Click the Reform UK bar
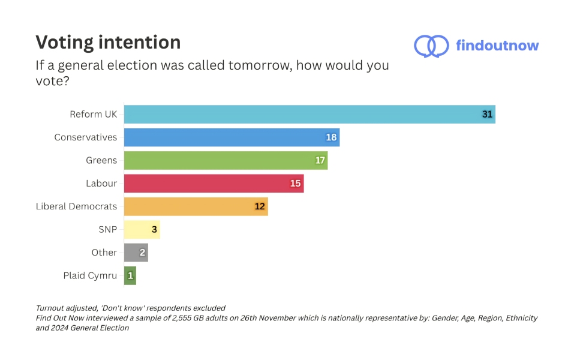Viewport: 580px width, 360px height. (x=309, y=115)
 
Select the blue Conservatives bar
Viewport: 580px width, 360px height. (x=232, y=137)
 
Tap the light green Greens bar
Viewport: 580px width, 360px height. (x=226, y=160)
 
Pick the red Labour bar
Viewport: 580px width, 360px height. (x=214, y=184)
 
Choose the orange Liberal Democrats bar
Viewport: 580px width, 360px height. (x=196, y=206)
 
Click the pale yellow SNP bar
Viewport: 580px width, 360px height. (x=142, y=229)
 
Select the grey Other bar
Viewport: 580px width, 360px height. (x=136, y=253)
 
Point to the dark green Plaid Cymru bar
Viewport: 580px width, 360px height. (x=130, y=275)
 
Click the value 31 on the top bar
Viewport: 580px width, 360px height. (x=487, y=115)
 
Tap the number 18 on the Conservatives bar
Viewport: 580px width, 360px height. (x=331, y=137)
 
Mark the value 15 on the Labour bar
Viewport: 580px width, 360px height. (x=295, y=184)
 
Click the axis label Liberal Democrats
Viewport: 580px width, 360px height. (x=76, y=206)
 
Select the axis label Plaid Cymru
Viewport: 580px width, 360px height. (x=90, y=275)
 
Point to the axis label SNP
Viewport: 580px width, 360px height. (x=107, y=229)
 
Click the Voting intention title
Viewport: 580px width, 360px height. (x=108, y=43)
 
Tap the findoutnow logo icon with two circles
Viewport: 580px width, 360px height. (x=431, y=46)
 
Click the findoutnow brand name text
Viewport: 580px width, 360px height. (x=497, y=46)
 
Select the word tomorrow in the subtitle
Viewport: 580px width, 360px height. (x=260, y=65)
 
